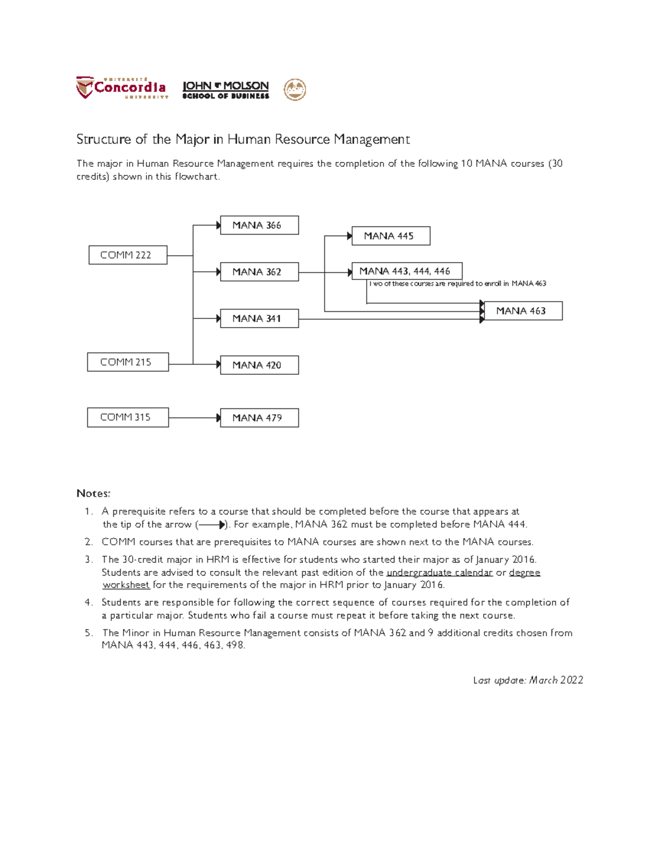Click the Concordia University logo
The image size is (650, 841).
pos(122,88)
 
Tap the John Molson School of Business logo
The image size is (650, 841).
pos(225,90)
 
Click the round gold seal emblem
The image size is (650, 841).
pos(295,89)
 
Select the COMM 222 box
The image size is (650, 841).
pos(128,255)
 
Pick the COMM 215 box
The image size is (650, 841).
pos(128,362)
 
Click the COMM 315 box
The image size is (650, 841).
pos(128,418)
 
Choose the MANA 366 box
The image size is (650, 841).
pos(259,225)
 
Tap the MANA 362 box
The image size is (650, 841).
pos(259,272)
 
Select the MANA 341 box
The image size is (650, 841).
pos(259,318)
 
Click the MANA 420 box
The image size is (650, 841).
pos(259,365)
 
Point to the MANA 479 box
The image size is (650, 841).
pos(259,418)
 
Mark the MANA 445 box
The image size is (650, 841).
pos(391,236)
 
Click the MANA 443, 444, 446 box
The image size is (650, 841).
pos(407,271)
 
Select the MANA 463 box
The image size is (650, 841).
pos(523,311)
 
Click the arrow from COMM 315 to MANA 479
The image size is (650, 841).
pos(194,418)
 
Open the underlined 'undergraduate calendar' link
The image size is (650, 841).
pos(439,572)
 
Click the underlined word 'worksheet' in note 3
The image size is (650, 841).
pos(126,585)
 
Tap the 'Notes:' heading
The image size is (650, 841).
pos(93,493)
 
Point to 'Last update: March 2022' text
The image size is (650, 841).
pos(528,680)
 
